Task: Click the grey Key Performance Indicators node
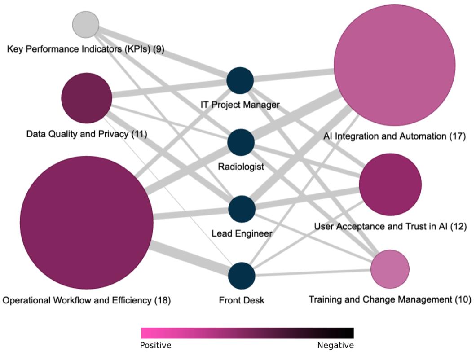[86, 25]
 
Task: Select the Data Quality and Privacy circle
[87, 98]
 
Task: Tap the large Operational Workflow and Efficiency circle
[87, 223]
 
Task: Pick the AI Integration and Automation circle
[394, 65]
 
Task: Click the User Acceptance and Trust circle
[390, 184]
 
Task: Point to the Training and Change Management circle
[390, 269]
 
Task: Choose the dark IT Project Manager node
[240, 80]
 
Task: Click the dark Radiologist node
[241, 142]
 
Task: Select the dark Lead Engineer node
[242, 209]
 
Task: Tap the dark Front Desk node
[242, 276]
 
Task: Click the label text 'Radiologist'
[241, 167]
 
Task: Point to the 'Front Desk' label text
[242, 300]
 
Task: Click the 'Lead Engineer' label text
[242, 233]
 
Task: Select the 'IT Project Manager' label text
[240, 105]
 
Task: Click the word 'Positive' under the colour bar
[156, 346]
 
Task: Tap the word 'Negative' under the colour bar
[335, 346]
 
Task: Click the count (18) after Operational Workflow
[163, 300]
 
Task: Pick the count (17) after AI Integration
[458, 136]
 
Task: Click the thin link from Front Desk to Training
[313, 272]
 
